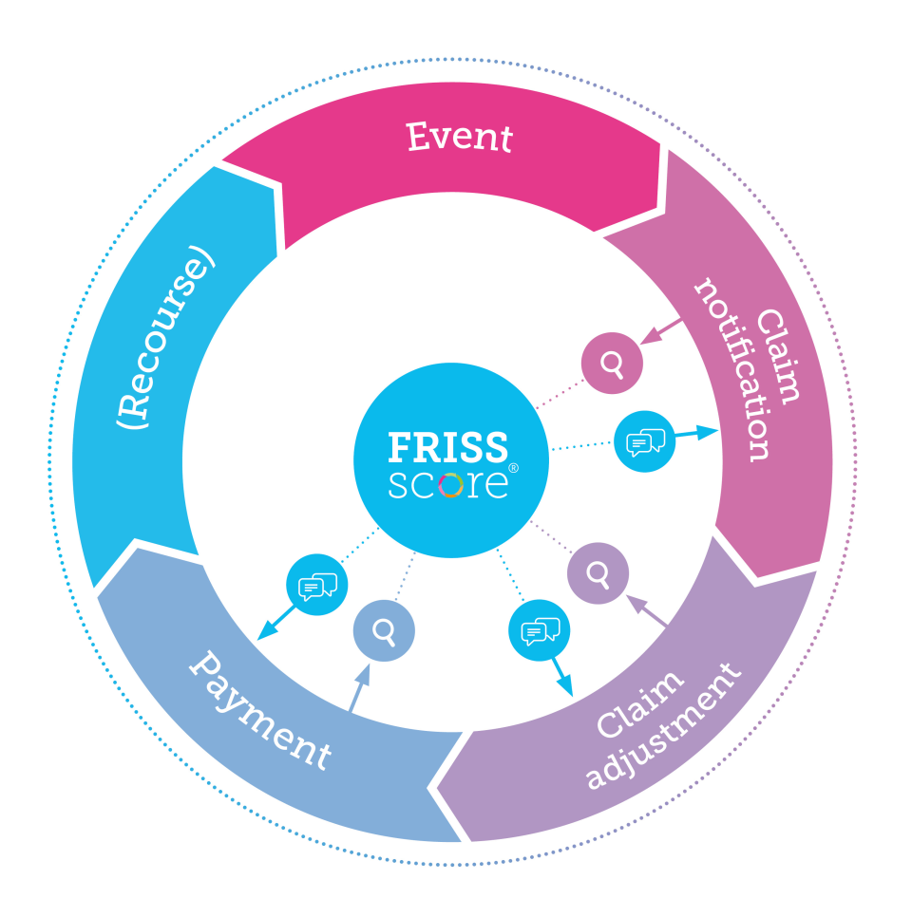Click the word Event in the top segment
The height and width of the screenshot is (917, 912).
point(460,137)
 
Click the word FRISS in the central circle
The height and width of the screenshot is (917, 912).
point(448,446)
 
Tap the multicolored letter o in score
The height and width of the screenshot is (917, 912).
point(451,484)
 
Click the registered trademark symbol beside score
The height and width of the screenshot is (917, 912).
point(513,469)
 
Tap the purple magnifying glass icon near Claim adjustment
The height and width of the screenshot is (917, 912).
point(598,573)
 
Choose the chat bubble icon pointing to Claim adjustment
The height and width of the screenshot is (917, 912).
point(540,630)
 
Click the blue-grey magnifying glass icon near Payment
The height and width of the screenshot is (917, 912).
point(384,630)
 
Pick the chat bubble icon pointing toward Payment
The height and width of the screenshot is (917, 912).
point(317,586)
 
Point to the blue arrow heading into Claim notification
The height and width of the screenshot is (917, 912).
point(697,433)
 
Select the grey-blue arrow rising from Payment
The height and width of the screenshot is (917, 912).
point(358,689)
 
